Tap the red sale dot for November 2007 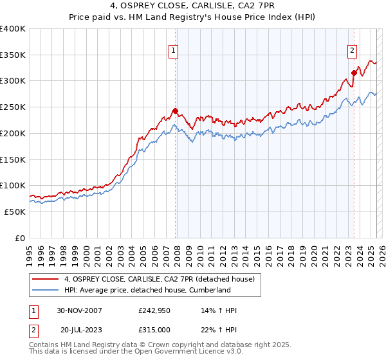tap(176, 111)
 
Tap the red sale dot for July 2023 tap(354, 73)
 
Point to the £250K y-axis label tap(12, 107)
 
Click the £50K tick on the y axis tap(15, 211)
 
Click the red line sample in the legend tap(46, 279)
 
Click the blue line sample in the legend tap(46, 290)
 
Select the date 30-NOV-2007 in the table tap(79, 311)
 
